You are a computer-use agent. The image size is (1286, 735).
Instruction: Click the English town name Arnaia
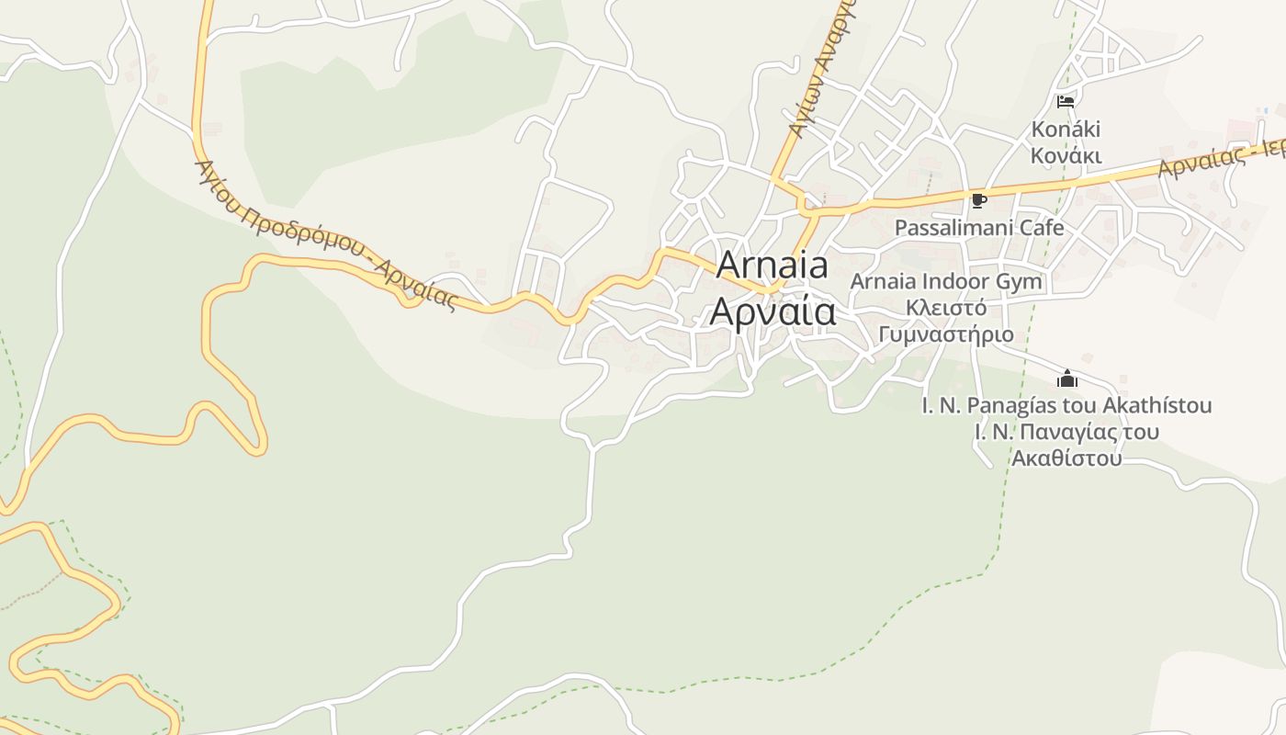pos(772,266)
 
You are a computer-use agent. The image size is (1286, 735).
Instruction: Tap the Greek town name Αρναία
pos(773,312)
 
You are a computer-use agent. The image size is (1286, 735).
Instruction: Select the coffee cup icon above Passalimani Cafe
pos(979,200)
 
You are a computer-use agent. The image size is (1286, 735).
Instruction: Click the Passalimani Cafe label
pos(979,228)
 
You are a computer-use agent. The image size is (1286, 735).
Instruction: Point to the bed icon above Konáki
pos(1066,101)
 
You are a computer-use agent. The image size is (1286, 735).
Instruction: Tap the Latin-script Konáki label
pos(1066,129)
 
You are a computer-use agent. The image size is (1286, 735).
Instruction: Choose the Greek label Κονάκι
pos(1066,155)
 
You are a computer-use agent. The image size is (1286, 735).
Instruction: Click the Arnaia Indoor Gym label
pos(946,281)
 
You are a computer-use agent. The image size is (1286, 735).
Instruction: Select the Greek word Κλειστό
pos(946,308)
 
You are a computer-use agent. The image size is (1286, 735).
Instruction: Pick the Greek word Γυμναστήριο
pos(946,334)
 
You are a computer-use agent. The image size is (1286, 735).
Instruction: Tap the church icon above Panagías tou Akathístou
pos(1066,379)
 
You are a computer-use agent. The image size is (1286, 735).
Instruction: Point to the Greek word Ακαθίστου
pos(1066,458)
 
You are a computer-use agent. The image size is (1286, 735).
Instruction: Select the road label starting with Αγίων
pos(821,73)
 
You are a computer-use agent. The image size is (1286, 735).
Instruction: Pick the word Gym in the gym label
pos(1022,281)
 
